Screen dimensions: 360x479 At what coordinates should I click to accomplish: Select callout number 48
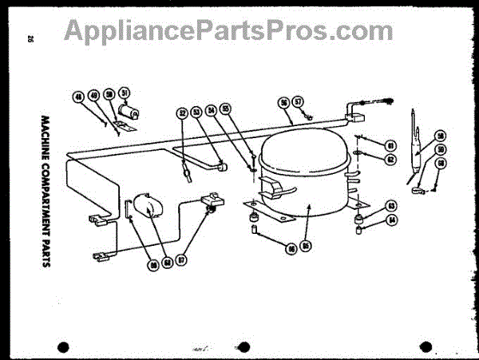coord(78,97)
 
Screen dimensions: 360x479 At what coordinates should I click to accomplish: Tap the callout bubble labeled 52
coord(181,113)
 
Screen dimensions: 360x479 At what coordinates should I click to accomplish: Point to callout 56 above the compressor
coord(283,102)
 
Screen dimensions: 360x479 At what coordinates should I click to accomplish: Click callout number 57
coord(298,102)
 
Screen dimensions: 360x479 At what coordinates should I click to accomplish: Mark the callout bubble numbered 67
coord(182,260)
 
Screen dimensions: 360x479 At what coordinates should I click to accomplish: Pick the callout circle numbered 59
coord(440,149)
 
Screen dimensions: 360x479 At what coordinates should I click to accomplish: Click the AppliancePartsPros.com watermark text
coord(228,30)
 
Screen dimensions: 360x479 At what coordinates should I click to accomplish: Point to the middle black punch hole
coord(244,346)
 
